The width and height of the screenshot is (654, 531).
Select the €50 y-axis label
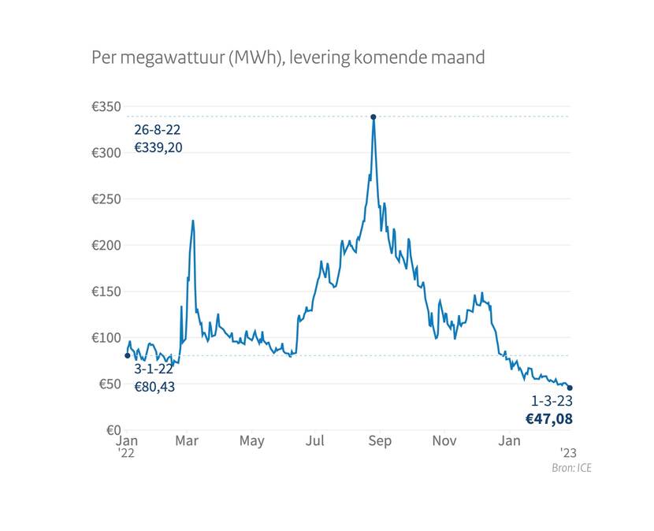pyautogui.click(x=108, y=384)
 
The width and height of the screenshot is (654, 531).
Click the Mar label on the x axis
pyautogui.click(x=187, y=441)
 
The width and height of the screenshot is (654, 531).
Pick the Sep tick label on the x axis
pyautogui.click(x=380, y=441)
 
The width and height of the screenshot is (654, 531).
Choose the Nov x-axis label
pyautogui.click(x=444, y=441)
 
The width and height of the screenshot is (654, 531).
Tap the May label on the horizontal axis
pyautogui.click(x=251, y=441)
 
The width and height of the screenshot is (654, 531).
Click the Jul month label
pyautogui.click(x=315, y=441)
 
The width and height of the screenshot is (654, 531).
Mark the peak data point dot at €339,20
pyautogui.click(x=373, y=117)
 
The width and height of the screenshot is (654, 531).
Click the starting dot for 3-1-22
pyautogui.click(x=128, y=355)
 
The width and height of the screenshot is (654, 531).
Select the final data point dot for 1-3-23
pyautogui.click(x=570, y=388)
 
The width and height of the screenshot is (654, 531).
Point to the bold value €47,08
pyautogui.click(x=549, y=418)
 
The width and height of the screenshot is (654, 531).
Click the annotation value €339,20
pyautogui.click(x=158, y=147)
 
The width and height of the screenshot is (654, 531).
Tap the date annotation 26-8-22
pyautogui.click(x=158, y=130)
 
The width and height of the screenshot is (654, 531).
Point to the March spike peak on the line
pyautogui.click(x=192, y=221)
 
